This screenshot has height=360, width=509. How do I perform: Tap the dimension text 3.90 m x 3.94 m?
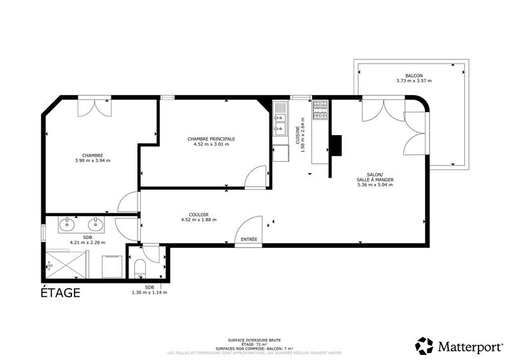[x=92, y=161]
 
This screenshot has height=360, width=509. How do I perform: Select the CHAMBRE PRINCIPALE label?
[x=211, y=138]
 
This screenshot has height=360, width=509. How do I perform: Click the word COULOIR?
[x=199, y=214]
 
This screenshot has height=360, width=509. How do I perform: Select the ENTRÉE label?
[x=248, y=240]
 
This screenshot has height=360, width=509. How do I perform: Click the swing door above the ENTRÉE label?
[x=248, y=226]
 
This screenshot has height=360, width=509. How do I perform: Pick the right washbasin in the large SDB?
[x=96, y=224]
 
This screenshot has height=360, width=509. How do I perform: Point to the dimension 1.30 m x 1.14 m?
[x=149, y=292]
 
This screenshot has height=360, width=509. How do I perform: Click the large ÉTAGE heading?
[x=61, y=293]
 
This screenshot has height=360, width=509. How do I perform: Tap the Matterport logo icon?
[x=424, y=346]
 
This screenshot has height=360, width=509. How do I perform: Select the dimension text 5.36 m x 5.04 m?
[x=375, y=185]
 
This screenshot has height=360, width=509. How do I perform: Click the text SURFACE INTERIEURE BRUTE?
[x=254, y=341]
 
